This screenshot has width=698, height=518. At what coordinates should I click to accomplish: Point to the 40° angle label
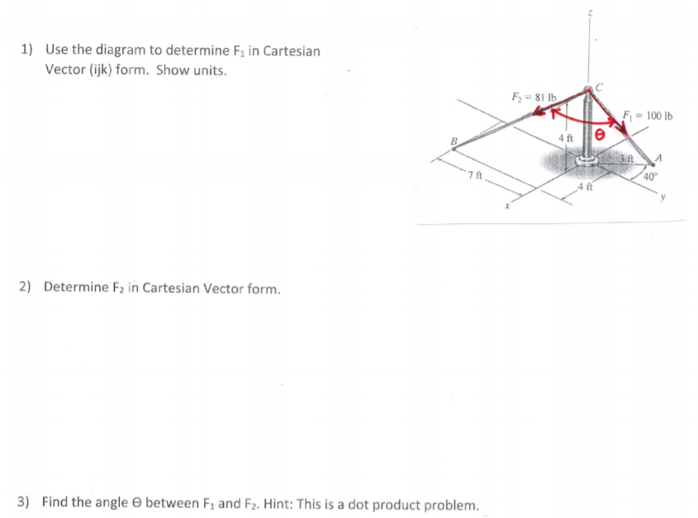coord(651,176)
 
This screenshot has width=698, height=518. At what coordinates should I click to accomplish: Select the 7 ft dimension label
coord(472,176)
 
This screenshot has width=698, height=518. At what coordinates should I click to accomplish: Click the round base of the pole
coord(587,161)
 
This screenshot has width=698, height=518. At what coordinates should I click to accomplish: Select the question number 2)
coord(26,288)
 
